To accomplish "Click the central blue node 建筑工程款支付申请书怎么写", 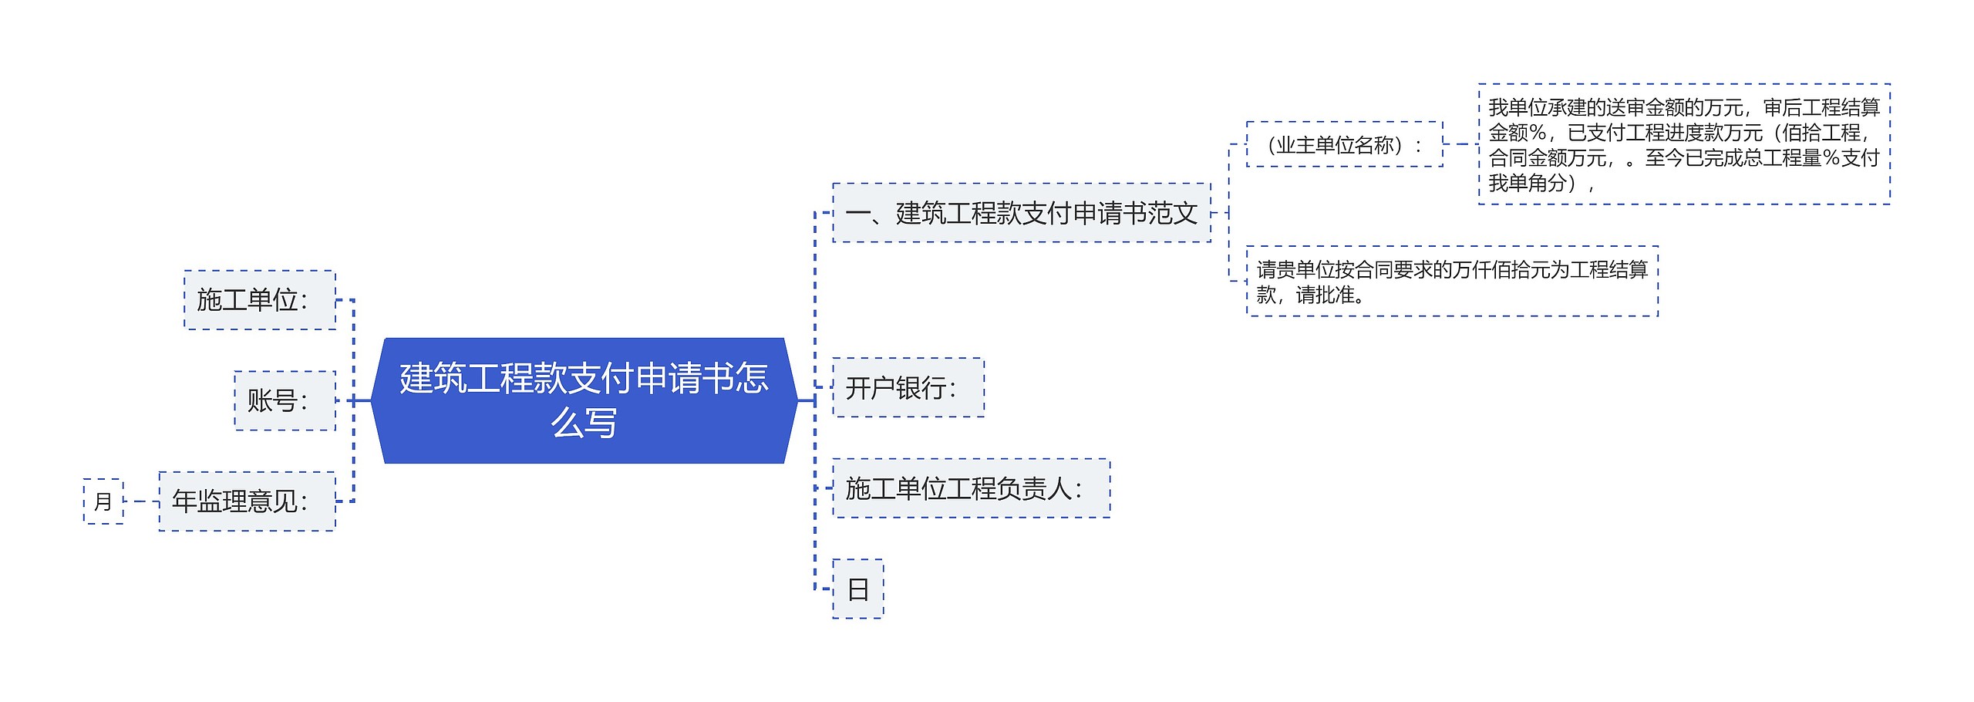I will click(x=584, y=400).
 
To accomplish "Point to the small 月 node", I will click(x=103, y=501).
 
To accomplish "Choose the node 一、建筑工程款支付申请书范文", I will click(x=1021, y=213).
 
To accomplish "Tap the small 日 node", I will click(x=857, y=589).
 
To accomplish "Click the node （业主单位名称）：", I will click(x=1344, y=144).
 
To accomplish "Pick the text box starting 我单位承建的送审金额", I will click(x=1684, y=144).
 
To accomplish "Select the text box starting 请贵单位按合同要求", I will click(x=1451, y=282).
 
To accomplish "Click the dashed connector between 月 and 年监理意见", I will click(x=141, y=501).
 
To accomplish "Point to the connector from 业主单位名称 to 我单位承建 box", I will click(x=1460, y=144).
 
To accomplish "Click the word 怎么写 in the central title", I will click(x=584, y=423).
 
